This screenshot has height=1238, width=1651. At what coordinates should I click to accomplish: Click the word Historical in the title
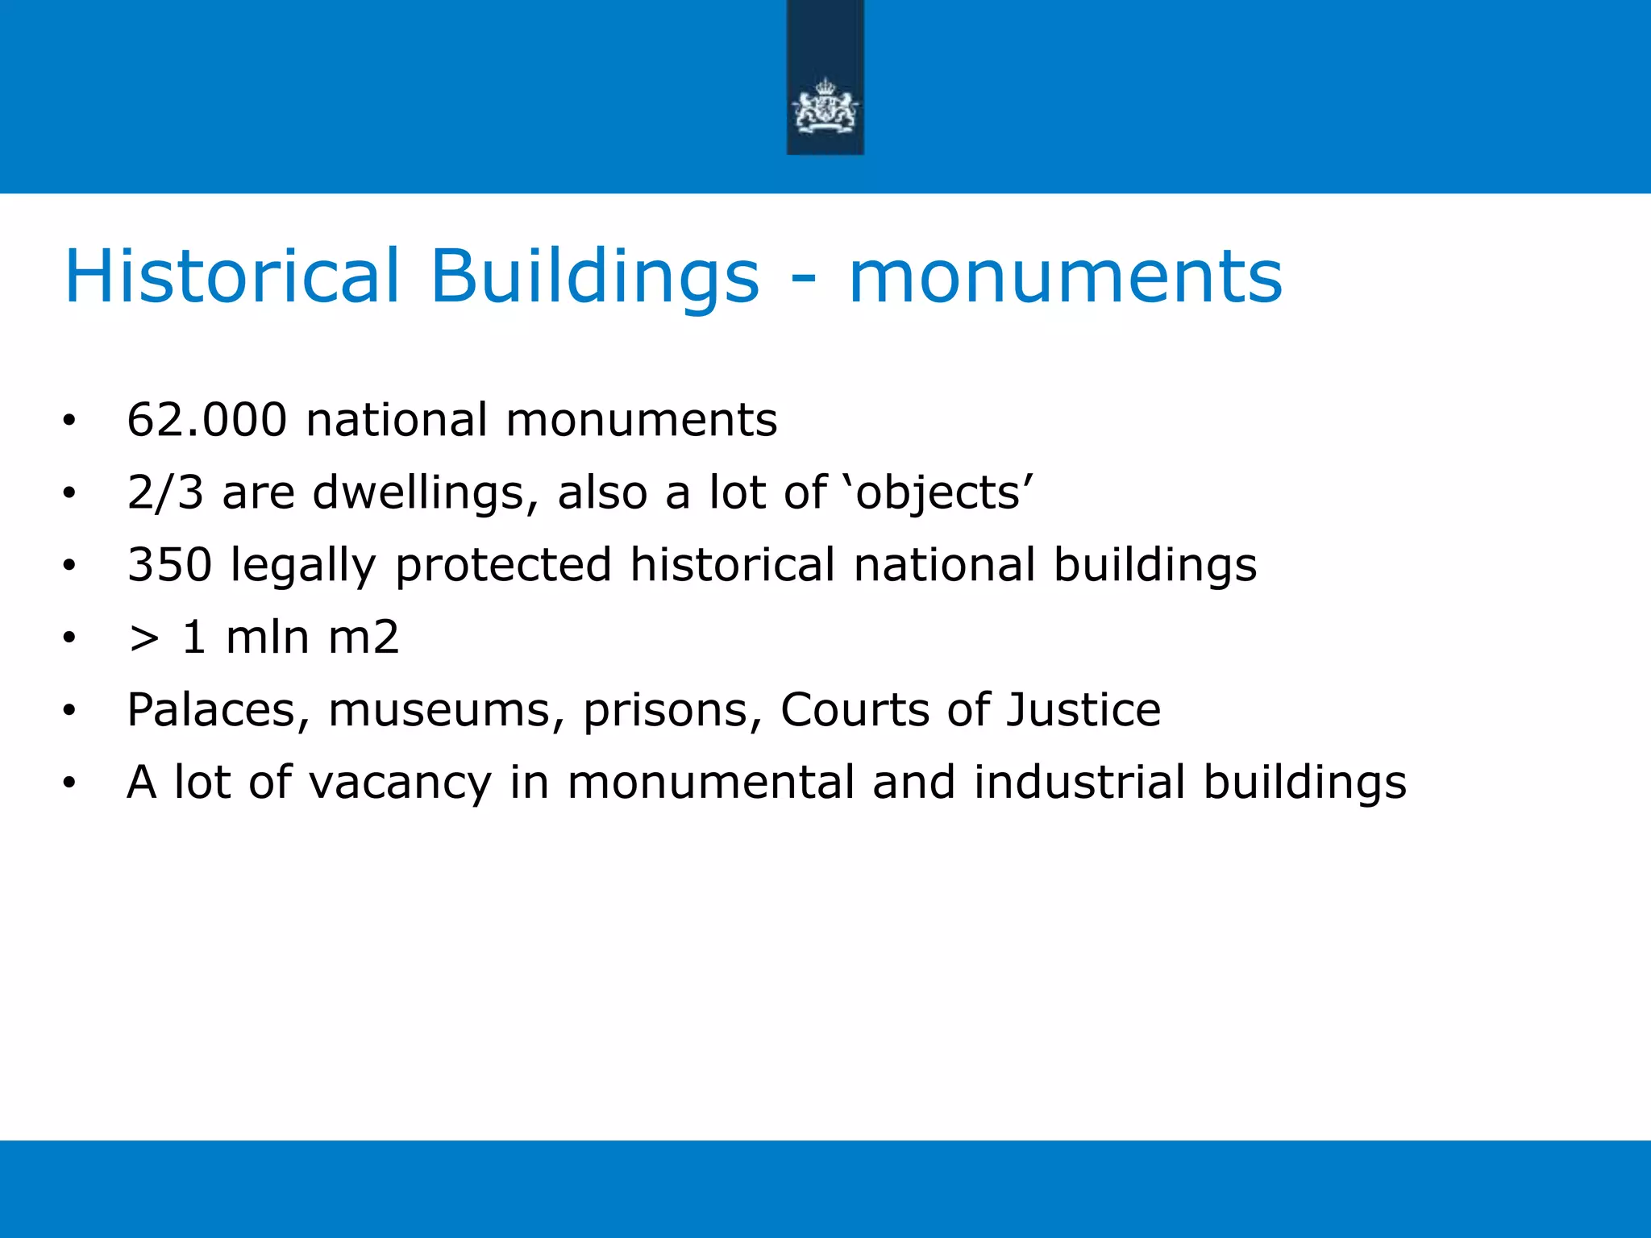tap(231, 276)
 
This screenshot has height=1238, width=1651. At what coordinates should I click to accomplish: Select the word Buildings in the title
tap(594, 276)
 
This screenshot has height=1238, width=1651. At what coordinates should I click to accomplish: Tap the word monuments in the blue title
tap(1065, 278)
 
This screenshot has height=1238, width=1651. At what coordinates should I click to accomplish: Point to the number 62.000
tap(207, 420)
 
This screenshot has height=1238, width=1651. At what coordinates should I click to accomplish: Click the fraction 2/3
tap(165, 492)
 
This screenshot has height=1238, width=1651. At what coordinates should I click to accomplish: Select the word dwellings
tap(425, 492)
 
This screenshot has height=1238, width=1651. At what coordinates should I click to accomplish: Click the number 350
tap(169, 564)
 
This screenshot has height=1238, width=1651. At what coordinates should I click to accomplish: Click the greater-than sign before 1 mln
tap(143, 638)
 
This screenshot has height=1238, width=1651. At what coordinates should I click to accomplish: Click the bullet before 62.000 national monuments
tap(69, 421)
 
